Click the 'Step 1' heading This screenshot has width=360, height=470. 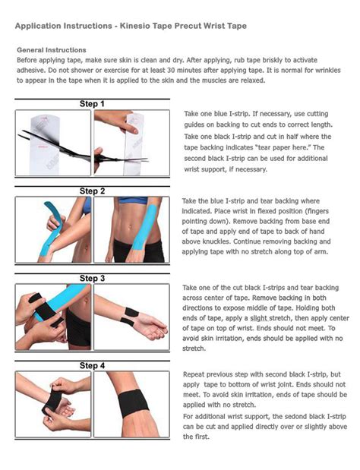(91, 103)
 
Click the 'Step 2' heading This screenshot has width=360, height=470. (91, 190)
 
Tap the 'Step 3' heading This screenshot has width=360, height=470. (91, 279)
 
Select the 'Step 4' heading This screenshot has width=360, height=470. (91, 365)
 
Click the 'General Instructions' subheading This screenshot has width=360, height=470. (52, 49)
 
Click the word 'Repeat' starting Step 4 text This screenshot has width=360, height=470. (196, 374)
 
